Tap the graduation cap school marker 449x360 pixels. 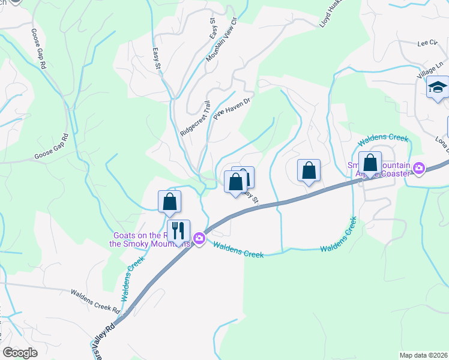(x=438, y=88)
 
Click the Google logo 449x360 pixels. (x=20, y=352)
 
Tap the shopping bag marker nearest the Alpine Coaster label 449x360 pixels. (x=370, y=163)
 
